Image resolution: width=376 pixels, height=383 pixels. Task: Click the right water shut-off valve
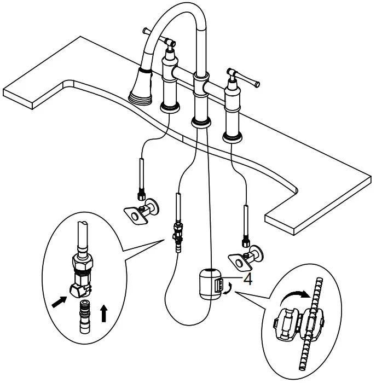coord(247,257)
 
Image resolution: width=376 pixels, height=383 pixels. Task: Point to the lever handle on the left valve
coord(158,38)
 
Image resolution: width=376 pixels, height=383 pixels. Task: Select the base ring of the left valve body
coord(171,106)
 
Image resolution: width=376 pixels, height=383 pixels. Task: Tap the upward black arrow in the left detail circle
coord(104,313)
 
